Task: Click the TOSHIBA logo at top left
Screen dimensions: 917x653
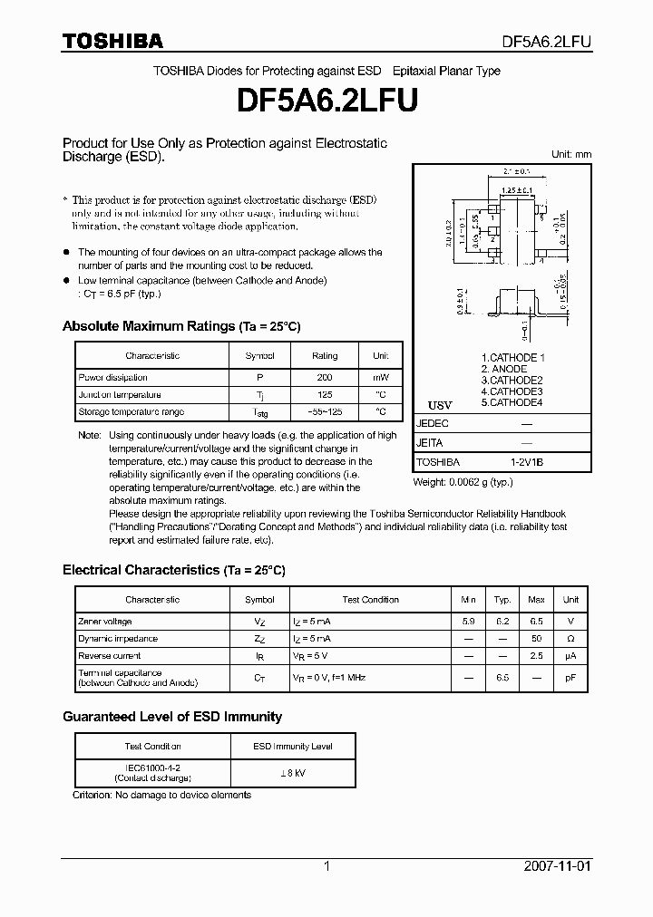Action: pyautogui.click(x=112, y=41)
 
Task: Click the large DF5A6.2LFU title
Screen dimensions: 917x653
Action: pyautogui.click(x=326, y=101)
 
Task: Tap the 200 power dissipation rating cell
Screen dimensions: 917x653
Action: pyautogui.click(x=324, y=377)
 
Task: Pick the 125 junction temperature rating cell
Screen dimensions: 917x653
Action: pyautogui.click(x=324, y=395)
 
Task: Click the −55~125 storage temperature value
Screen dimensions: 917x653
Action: pyautogui.click(x=324, y=412)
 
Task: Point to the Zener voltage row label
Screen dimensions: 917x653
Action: pyautogui.click(x=105, y=622)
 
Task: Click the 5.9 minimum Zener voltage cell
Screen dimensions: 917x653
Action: pyautogui.click(x=468, y=622)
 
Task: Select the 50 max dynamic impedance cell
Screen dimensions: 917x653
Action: pyautogui.click(x=536, y=639)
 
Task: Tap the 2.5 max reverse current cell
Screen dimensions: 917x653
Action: pyautogui.click(x=536, y=656)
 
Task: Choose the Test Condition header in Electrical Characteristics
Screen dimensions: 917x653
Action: pyautogui.click(x=370, y=600)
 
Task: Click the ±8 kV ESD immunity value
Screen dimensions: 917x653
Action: pyautogui.click(x=291, y=773)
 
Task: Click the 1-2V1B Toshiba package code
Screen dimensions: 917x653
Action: pyautogui.click(x=526, y=462)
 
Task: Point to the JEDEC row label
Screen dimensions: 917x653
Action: pyautogui.click(x=432, y=423)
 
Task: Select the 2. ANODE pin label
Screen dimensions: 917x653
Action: pyautogui.click(x=503, y=369)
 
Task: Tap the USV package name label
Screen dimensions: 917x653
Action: pyautogui.click(x=439, y=404)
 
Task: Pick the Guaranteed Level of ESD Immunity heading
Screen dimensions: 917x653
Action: pyautogui.click(x=172, y=717)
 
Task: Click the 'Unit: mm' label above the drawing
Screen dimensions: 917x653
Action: pyautogui.click(x=571, y=155)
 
